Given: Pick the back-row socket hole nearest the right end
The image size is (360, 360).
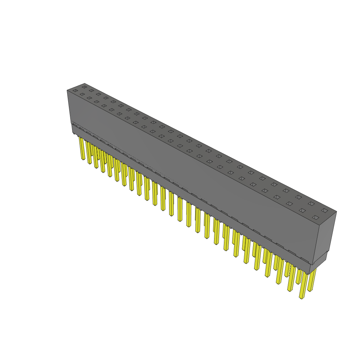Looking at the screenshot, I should pos(324,211).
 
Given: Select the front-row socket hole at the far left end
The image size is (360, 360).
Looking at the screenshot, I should pos(75,91).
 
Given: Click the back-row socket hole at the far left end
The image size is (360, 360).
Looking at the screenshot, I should pos(84,87).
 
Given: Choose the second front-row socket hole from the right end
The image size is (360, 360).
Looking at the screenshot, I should pos(302,211).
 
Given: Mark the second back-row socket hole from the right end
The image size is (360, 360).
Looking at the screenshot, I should pos(311,204).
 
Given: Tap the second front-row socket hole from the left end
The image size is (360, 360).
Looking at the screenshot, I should pos(82,94).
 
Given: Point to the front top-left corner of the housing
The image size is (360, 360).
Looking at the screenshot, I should pos(67,90).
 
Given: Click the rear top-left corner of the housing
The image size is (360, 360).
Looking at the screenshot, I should pos(85,83).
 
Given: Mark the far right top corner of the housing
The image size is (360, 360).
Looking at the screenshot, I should pos(336,212).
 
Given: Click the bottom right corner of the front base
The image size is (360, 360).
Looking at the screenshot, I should pos(309,274).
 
